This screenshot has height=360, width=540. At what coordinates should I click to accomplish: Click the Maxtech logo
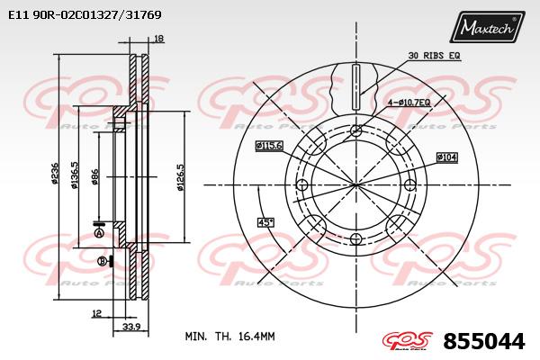(487, 27)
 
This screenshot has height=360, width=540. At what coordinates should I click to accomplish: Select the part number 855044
(484, 341)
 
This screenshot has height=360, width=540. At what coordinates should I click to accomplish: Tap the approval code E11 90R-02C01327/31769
(85, 14)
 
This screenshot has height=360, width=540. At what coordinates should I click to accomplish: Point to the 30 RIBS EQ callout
(434, 55)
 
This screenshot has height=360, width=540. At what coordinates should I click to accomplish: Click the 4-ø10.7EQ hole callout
(409, 103)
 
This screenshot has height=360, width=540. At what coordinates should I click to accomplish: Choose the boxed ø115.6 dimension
(269, 146)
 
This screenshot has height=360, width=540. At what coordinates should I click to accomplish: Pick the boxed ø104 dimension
(447, 157)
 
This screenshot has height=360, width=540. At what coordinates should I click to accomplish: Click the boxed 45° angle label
(265, 222)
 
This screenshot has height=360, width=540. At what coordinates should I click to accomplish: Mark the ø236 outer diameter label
(54, 173)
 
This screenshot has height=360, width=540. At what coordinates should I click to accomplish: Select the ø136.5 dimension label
(75, 175)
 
